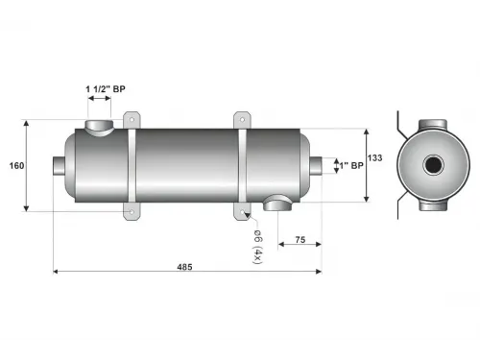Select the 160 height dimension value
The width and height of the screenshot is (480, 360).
[17, 166]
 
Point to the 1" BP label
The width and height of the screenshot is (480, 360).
[349, 166]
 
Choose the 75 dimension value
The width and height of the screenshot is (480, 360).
[300, 240]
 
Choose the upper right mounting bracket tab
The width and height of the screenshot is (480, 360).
[241, 120]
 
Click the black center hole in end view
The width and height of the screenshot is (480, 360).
[434, 166]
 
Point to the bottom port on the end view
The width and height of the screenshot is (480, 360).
[434, 205]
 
